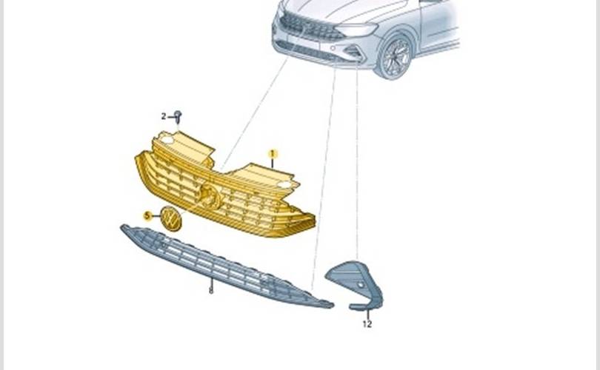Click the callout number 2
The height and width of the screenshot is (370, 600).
coord(164,117)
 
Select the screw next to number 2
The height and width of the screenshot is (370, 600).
coord(178,117)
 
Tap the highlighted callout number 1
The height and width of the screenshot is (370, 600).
coord(273,154)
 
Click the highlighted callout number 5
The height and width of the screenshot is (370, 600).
coord(147,216)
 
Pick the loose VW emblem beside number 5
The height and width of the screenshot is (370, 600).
coord(170,218)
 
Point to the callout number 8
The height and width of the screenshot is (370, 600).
coord(211,291)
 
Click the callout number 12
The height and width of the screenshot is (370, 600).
coord(367,324)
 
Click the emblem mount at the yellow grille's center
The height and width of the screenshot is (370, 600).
coord(210,195)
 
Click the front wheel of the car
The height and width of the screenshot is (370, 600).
coord(396,57)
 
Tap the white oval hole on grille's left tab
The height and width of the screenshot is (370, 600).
coord(167,140)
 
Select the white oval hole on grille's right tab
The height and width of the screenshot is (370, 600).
coord(284,186)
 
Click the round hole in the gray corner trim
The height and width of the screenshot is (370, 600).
coord(361,285)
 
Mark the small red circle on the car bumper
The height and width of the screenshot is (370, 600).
coord(333,48)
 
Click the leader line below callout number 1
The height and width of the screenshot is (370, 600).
coord(273,163)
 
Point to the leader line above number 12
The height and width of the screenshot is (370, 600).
coord(367,314)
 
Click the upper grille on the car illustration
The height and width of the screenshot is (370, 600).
coord(310,27)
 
